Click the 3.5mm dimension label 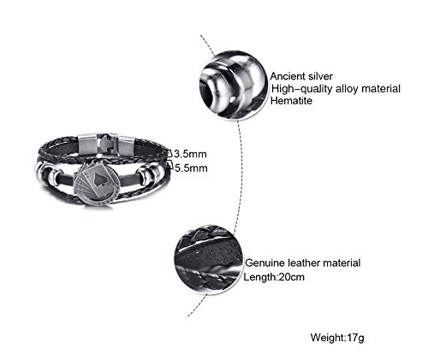[x=190, y=154]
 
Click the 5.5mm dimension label [x=191, y=168]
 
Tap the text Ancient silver [x=301, y=76]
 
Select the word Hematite [x=291, y=101]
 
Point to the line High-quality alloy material [x=336, y=89]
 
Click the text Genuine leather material [x=303, y=263]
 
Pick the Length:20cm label [x=274, y=277]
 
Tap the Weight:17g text [x=337, y=338]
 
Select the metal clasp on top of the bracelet [x=106, y=145]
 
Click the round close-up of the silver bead [x=234, y=85]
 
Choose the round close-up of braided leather [x=209, y=259]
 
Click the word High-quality [x=302, y=89]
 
